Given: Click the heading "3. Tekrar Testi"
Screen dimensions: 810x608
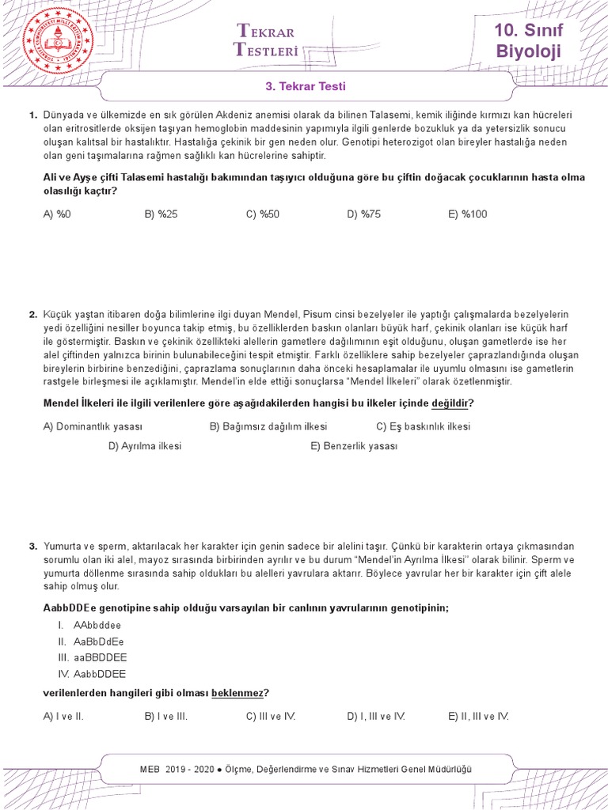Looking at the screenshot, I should [305, 86].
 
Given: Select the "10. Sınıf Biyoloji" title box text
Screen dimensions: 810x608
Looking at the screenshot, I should [528, 41].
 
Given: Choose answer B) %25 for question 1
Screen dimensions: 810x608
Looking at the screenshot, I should [161, 214].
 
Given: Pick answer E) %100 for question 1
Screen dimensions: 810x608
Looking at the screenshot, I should [468, 214].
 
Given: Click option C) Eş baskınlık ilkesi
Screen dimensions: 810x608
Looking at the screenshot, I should [423, 426].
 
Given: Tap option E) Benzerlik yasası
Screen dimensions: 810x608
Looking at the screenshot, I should [354, 446].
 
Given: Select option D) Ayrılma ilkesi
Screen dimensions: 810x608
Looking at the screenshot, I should [145, 446].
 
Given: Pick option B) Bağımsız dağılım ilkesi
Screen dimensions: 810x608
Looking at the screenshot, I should [268, 426].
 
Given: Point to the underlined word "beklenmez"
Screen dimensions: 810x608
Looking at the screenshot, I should [237, 694].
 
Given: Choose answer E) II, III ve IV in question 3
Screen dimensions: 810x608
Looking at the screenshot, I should [478, 717].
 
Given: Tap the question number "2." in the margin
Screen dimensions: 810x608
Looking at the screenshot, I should [32, 315].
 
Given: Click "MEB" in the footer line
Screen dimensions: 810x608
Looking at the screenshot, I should [150, 769].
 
